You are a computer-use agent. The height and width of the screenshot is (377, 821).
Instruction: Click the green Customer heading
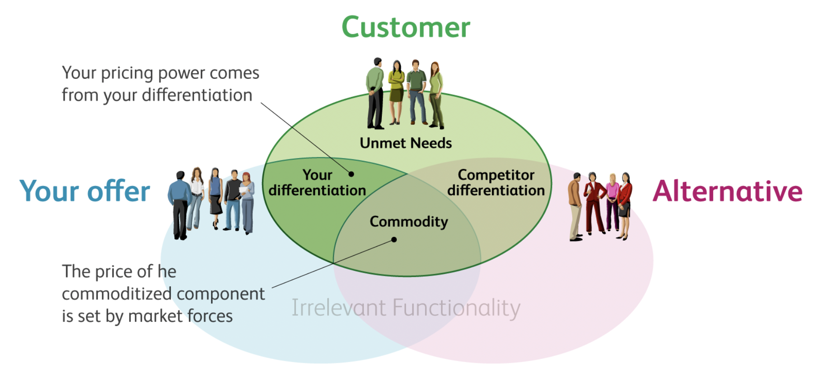coord(406,27)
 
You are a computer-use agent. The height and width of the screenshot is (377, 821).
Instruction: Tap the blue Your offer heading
coord(85,192)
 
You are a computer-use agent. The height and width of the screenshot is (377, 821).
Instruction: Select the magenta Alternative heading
coord(727,192)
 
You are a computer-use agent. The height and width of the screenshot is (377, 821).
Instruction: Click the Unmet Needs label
coord(406,143)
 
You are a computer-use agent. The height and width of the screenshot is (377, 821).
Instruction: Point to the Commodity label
coord(409,222)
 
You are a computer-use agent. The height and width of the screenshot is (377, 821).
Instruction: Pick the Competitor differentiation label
coord(496,183)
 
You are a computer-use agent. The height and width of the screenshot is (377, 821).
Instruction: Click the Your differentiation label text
coord(317,183)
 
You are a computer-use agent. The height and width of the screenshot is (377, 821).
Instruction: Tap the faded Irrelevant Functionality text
coord(406,308)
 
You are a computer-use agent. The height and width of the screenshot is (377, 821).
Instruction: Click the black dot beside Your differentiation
coord(351,174)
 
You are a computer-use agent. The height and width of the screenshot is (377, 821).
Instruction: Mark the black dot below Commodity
coord(394,240)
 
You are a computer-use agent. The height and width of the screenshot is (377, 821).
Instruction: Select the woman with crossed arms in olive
coord(396,90)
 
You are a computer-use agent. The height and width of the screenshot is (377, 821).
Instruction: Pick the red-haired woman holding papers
coord(248,200)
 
